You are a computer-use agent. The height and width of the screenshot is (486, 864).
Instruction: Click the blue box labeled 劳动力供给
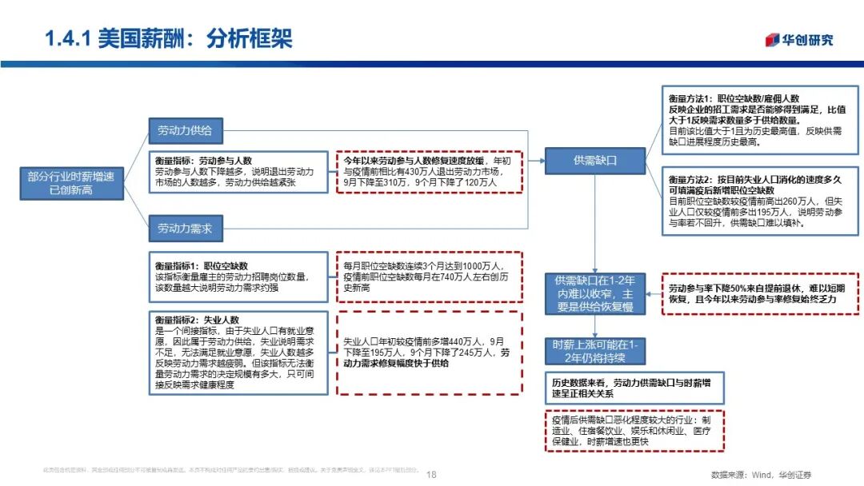(185, 131)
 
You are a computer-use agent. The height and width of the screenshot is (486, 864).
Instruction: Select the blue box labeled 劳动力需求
(185, 228)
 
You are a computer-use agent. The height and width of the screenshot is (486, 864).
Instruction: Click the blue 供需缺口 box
(594, 160)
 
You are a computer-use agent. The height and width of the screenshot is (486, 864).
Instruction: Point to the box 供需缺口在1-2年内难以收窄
(594, 293)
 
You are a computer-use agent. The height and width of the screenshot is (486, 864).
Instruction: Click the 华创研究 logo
(799, 41)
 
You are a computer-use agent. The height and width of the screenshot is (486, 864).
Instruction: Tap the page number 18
(432, 474)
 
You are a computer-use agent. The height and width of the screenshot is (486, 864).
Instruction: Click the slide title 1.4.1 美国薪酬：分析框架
(169, 38)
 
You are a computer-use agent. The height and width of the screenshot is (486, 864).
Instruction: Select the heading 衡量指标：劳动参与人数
(203, 161)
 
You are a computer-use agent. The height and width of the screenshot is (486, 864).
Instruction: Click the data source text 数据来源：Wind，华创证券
(760, 474)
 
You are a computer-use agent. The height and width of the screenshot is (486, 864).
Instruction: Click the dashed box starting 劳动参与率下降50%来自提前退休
(759, 293)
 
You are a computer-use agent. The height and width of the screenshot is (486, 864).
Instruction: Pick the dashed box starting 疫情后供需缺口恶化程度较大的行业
(631, 430)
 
